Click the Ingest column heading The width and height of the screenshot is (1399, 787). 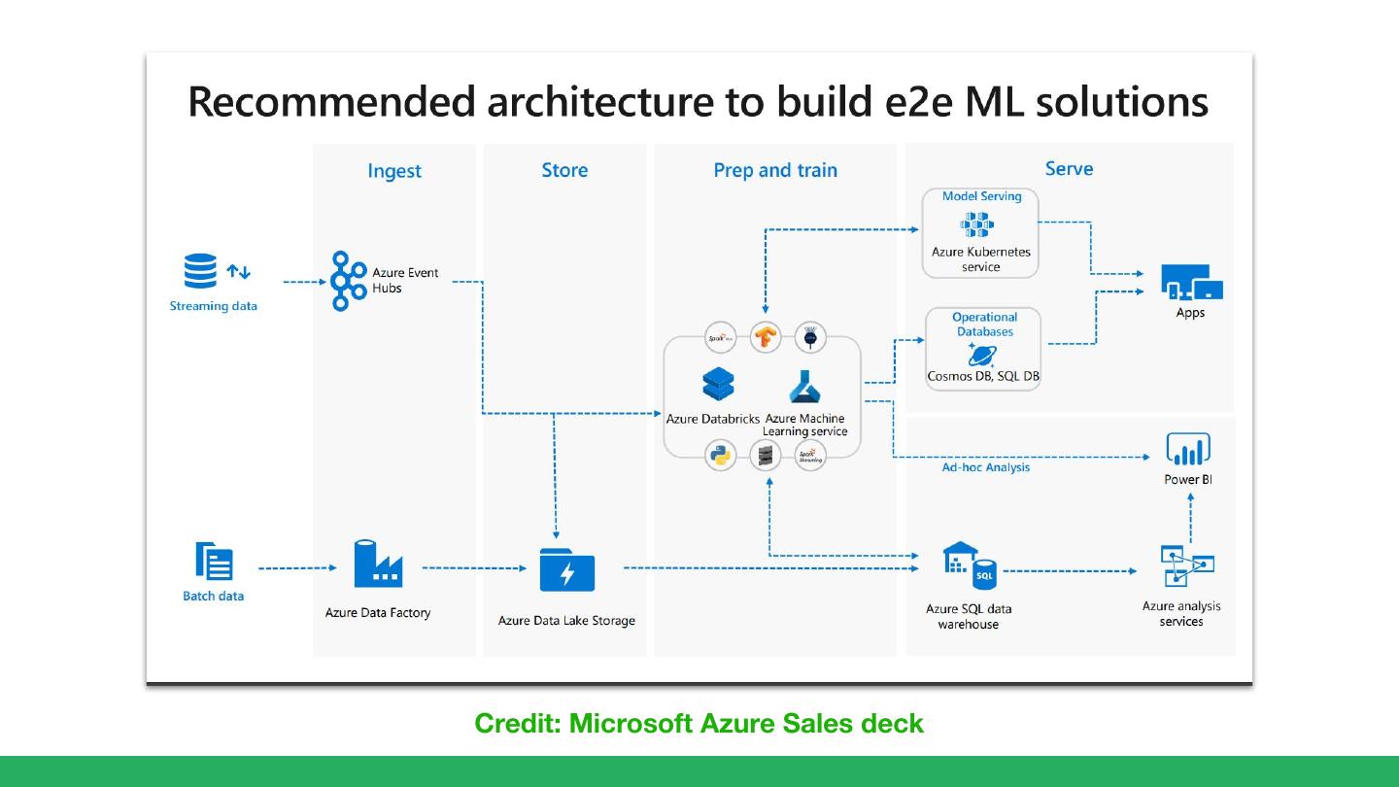[x=394, y=171]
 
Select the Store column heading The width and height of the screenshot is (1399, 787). [x=564, y=170]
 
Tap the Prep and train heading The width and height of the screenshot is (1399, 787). [x=774, y=170]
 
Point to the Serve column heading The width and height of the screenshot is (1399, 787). [x=1069, y=169]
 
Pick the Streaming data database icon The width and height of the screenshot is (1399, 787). [x=200, y=272]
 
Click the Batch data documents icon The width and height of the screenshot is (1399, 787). [x=214, y=563]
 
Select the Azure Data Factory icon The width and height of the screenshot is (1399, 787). [x=378, y=565]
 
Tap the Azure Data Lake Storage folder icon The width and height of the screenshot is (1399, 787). [x=566, y=570]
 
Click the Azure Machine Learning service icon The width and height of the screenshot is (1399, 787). [x=805, y=387]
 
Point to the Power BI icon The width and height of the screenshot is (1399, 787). [x=1187, y=450]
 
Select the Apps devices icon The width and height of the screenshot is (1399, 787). [x=1191, y=283]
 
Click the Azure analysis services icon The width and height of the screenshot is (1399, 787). [x=1186, y=565]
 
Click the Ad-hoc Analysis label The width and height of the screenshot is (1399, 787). [x=985, y=467]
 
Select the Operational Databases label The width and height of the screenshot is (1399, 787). [x=984, y=325]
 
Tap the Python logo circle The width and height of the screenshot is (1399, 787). [x=721, y=455]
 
